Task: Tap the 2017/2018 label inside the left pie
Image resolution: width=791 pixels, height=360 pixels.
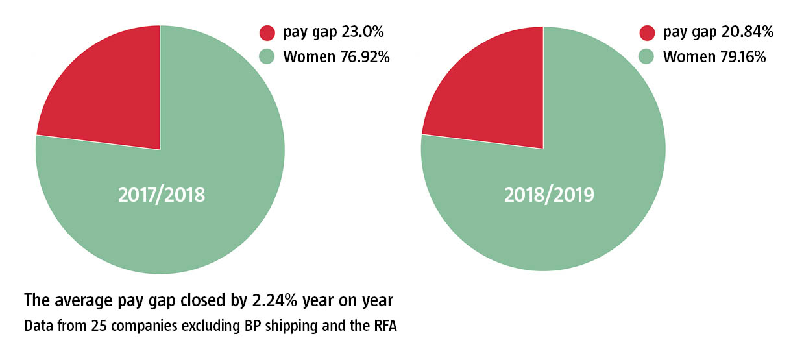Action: [x=162, y=195]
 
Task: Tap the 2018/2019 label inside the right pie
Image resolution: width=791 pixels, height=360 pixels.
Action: [x=549, y=195]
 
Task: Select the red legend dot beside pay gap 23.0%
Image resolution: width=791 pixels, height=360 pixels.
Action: [x=267, y=33]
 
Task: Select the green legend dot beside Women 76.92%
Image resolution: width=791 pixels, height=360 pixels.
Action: [x=267, y=57]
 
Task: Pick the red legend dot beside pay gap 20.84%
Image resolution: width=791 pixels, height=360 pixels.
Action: [x=647, y=33]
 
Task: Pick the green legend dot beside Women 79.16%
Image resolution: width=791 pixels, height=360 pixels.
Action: [x=647, y=57]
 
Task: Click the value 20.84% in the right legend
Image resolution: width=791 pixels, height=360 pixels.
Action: [x=748, y=32]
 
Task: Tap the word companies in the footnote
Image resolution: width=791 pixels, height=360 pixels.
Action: [x=133, y=326]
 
